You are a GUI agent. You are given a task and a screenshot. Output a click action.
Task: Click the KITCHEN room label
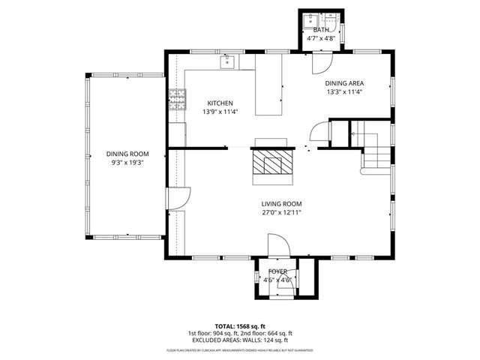220,103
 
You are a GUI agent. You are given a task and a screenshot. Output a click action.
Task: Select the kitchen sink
228,61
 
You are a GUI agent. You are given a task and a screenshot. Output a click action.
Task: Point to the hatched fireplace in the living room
268,163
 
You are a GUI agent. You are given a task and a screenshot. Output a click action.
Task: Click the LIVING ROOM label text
281,203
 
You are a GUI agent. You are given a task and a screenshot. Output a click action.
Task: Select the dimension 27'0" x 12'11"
281,212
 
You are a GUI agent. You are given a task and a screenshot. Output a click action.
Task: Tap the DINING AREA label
344,83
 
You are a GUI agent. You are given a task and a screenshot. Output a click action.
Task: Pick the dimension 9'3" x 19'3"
127,162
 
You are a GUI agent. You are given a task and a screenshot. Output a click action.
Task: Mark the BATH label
320,30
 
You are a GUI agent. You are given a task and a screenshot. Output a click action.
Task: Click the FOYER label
277,271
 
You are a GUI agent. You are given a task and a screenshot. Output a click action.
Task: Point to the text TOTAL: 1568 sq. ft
239,325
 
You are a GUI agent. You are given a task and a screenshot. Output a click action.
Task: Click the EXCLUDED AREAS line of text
239,340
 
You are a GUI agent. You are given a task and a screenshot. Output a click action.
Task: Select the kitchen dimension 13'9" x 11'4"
220,112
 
